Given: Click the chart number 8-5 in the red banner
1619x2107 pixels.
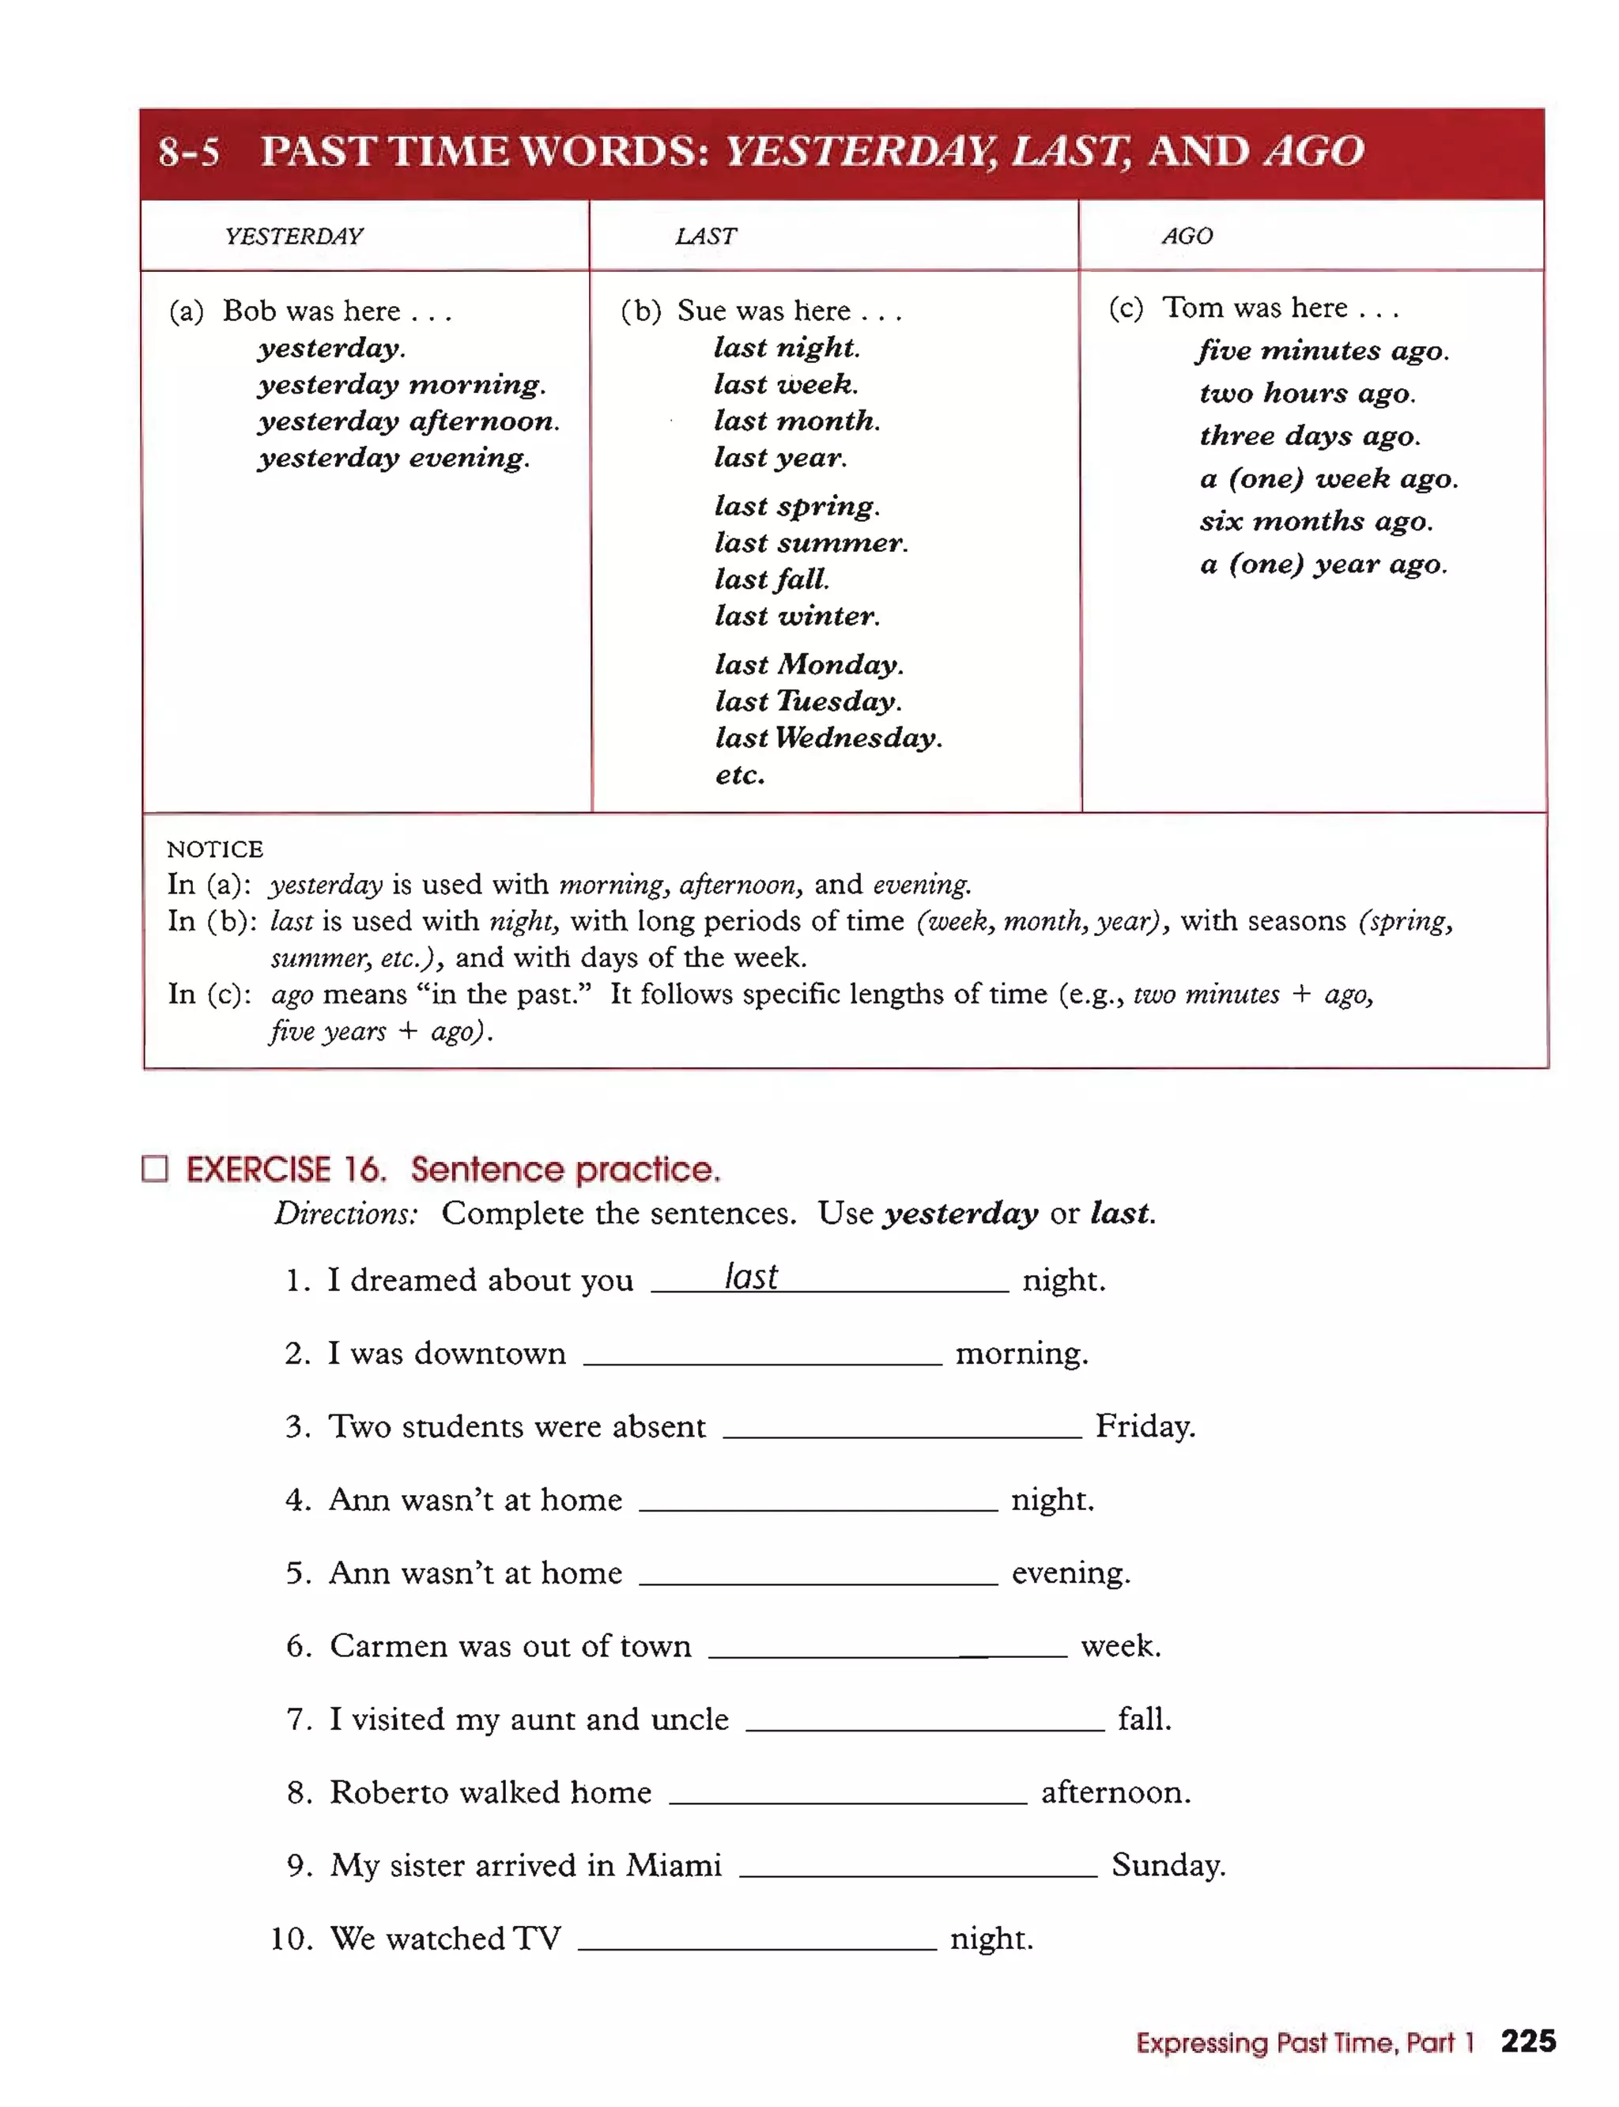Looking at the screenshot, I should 189,153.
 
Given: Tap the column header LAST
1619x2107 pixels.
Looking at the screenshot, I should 705,236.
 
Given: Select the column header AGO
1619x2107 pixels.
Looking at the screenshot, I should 1187,236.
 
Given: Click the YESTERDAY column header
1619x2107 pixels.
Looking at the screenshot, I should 294,236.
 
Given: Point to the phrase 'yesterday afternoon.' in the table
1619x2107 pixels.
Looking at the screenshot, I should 409,421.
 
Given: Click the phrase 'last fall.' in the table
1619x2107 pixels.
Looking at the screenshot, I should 771,580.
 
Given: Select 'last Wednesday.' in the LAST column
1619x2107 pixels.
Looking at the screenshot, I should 828,738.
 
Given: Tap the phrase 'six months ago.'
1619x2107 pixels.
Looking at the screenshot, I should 1315,522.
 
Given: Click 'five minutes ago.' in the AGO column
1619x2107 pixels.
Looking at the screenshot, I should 1323,351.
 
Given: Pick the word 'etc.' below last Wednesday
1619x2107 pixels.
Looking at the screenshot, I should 739,775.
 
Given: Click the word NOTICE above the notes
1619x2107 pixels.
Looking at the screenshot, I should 215,849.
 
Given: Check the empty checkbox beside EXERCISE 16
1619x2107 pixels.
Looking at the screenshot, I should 155,1169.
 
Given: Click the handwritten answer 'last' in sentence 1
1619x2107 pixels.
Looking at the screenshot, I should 751,1276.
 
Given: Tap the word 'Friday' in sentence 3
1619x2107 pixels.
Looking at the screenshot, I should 1144,1425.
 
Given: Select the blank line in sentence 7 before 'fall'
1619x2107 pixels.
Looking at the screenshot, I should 924,1724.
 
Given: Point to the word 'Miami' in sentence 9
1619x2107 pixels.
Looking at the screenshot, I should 673,1865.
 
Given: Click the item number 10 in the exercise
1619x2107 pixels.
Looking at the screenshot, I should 291,1939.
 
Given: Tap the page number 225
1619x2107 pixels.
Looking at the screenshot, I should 1527,2041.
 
